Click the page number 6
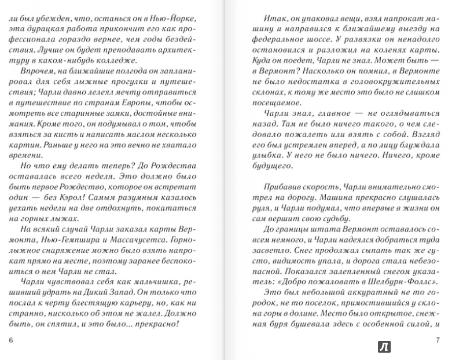click(x=12, y=340)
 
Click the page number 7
click(x=438, y=340)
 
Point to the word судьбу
click(x=335, y=219)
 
